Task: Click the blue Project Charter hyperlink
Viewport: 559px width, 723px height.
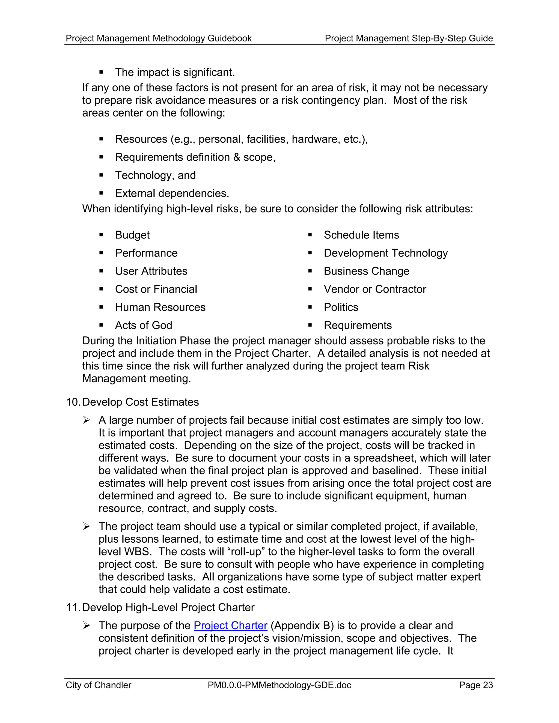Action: click(x=230, y=625)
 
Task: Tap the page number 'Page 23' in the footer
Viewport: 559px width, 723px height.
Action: click(x=476, y=685)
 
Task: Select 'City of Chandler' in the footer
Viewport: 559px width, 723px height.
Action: click(x=98, y=685)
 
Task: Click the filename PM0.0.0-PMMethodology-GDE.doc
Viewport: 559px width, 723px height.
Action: click(x=279, y=685)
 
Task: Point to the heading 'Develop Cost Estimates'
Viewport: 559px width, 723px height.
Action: click(x=140, y=402)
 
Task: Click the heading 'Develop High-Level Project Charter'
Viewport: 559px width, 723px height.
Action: click(x=168, y=608)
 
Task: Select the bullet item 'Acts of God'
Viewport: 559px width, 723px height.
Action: click(x=143, y=325)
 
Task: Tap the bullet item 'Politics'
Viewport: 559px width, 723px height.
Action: click(x=341, y=307)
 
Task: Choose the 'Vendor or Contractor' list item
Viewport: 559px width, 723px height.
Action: click(x=375, y=289)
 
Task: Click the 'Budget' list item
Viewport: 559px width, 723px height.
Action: click(x=132, y=235)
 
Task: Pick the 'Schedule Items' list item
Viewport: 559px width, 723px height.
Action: click(x=361, y=235)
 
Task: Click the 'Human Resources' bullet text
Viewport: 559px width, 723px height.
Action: click(x=160, y=307)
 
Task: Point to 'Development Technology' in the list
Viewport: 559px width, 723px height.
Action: click(x=385, y=253)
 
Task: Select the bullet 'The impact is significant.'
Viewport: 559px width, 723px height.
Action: click(x=175, y=72)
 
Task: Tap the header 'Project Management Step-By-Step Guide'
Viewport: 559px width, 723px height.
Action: click(x=409, y=38)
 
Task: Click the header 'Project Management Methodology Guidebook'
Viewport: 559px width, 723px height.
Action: click(x=159, y=38)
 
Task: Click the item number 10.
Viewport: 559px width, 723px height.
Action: click(x=73, y=402)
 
